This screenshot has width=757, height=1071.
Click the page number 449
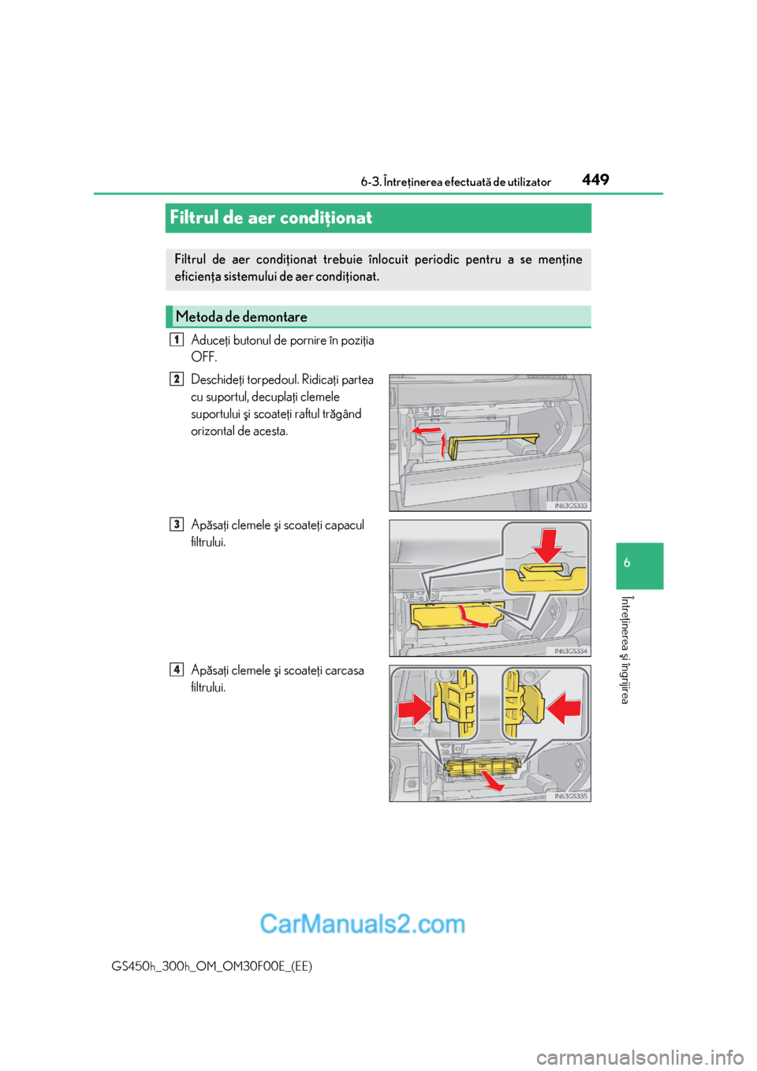click(595, 180)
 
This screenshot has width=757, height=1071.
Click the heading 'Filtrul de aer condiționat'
click(270, 218)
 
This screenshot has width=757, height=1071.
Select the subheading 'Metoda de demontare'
click(241, 317)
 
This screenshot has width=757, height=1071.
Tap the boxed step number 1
click(177, 340)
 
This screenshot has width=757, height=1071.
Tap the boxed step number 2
click(177, 379)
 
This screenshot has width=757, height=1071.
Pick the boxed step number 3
click(177, 524)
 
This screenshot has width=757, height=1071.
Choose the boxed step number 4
click(177, 670)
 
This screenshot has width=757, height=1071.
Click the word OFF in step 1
click(203, 357)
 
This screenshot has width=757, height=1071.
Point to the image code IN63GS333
click(570, 506)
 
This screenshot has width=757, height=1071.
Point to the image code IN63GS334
click(570, 651)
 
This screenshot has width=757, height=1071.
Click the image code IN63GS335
click(570, 796)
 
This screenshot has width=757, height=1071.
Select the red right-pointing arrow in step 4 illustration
click(415, 708)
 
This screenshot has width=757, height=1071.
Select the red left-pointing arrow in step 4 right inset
click(564, 707)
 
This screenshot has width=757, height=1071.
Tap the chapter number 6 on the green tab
click(627, 563)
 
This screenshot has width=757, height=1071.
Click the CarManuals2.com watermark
click(362, 924)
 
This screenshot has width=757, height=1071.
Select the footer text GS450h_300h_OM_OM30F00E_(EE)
click(212, 966)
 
